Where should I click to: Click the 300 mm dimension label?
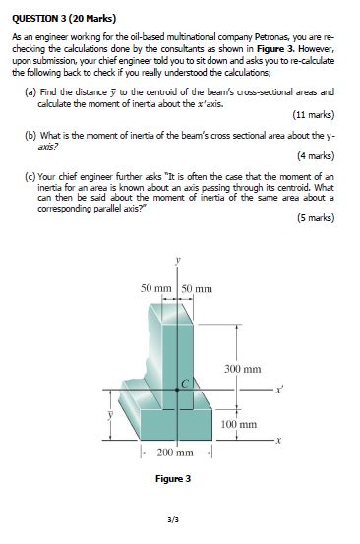(243, 368)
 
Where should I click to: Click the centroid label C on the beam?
(184, 382)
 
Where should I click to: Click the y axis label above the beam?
(177, 260)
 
